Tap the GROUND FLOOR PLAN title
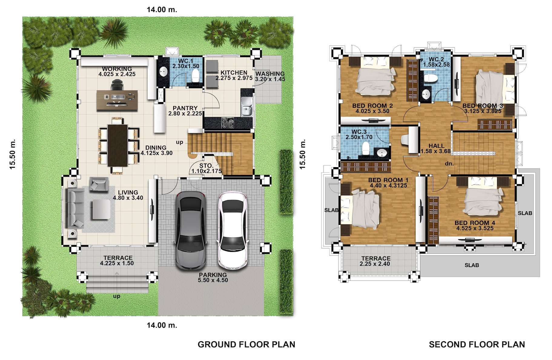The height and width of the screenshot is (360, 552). coord(246,345)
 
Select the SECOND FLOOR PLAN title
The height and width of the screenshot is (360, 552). coord(477,345)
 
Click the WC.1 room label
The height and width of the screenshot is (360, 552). coord(185,61)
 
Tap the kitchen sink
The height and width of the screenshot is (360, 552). coord(247,106)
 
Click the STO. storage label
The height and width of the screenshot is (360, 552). coord(207,166)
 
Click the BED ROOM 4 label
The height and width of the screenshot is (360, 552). coord(475,223)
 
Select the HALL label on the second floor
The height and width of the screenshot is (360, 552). coord(436,146)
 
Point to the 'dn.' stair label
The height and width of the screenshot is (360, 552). coord(449,164)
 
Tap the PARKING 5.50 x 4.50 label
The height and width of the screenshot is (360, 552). coord(213,277)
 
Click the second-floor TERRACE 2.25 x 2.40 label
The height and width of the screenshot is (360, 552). coord(376,261)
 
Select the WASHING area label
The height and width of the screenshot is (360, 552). coord(270,74)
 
